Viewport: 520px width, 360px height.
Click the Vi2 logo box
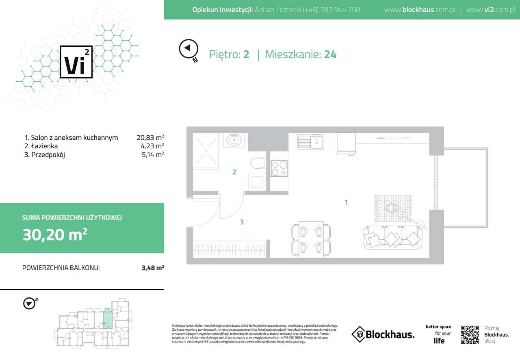[76, 61]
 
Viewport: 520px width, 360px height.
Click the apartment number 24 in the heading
[330, 54]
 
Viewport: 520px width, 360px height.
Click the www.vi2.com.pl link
[490, 10]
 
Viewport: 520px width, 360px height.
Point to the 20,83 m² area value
[150, 138]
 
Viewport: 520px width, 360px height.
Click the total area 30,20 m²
[55, 234]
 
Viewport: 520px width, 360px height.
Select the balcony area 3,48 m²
[152, 268]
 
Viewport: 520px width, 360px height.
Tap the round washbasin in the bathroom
[234, 140]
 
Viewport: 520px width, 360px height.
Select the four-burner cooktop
[279, 168]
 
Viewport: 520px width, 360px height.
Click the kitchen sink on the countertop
[310, 142]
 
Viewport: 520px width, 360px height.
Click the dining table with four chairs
[311, 240]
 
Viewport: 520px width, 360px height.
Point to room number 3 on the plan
[242, 222]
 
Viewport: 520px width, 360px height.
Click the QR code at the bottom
[470, 335]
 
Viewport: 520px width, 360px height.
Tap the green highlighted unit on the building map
[107, 318]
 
